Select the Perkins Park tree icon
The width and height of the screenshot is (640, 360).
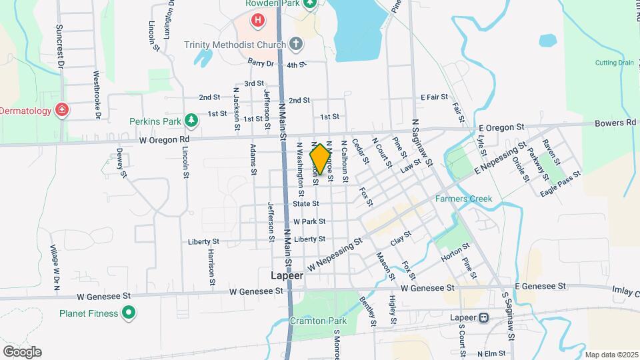192,120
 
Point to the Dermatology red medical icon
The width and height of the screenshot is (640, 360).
62,109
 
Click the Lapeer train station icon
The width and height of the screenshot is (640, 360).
483,318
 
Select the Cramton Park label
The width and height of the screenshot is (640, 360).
313,321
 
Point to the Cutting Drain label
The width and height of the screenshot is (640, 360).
615,63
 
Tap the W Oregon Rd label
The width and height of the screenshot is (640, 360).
164,139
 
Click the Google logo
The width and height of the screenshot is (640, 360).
22,352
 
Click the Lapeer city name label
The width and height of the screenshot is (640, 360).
287,275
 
